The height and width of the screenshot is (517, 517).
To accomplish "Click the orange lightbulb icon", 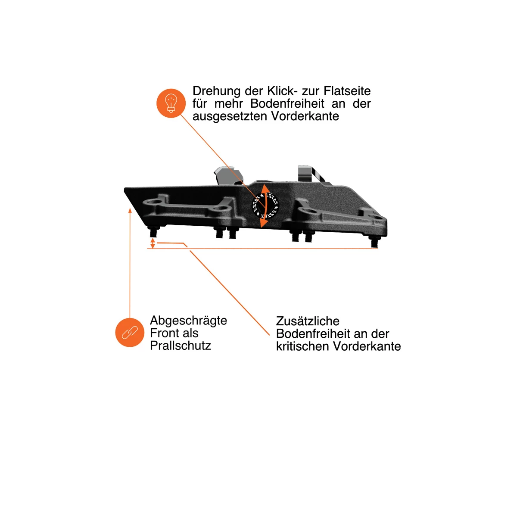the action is pyautogui.click(x=171, y=103).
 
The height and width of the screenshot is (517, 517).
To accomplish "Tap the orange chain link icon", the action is pyautogui.click(x=130, y=333).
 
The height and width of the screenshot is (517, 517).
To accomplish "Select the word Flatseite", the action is pyautogui.click(x=347, y=91).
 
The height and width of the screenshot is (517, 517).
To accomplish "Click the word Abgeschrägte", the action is pyautogui.click(x=188, y=321).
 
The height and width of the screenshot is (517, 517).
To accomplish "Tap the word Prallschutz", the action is pyautogui.click(x=180, y=346).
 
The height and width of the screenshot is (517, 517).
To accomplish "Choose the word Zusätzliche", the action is pyautogui.click(x=308, y=321).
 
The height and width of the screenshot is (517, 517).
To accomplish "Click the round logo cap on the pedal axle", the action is pyautogui.click(x=265, y=206).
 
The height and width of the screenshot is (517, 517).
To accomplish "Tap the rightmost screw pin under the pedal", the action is pyautogui.click(x=374, y=241).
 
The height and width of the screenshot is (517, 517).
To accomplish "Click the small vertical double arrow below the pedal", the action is pyautogui.click(x=153, y=243).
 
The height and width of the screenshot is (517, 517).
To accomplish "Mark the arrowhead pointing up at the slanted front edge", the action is pyautogui.click(x=130, y=210).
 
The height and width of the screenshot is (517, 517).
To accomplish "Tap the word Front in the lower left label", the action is pyautogui.click(x=164, y=333).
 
